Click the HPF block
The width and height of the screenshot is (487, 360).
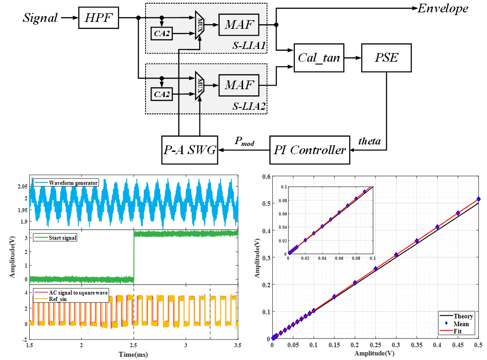99,18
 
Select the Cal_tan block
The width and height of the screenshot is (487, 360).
319,58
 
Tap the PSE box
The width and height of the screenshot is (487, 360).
386,58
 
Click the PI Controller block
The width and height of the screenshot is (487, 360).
309,150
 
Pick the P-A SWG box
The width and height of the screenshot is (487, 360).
189,150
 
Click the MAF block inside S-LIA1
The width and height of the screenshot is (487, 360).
239,25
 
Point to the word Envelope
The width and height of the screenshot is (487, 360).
443,8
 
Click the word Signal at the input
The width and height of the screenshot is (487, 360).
40,18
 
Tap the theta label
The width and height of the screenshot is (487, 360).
369,141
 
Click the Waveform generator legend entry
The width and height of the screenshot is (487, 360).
73,183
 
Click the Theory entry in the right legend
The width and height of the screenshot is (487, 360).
463,316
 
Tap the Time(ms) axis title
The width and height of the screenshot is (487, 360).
133,354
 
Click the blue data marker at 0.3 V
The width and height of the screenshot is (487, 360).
396,254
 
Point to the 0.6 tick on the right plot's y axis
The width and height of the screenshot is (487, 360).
265,177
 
